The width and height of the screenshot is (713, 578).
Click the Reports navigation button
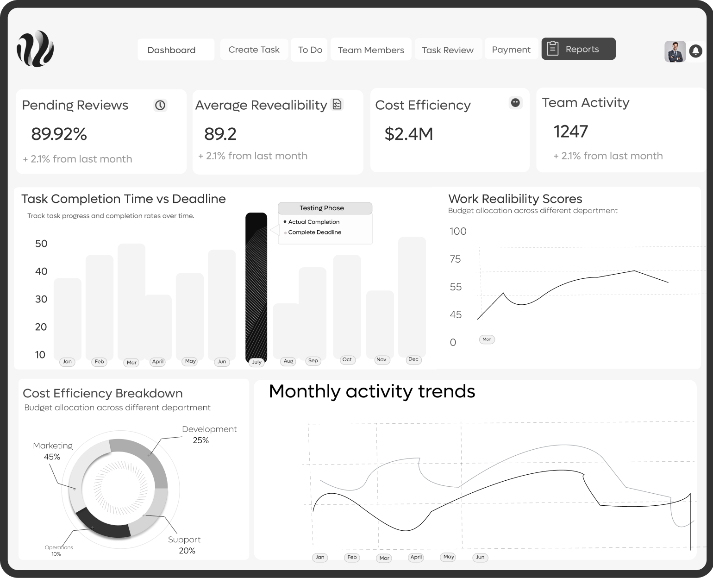coord(578,49)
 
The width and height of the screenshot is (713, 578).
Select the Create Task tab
coord(254,50)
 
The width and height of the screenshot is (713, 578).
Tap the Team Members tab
coord(371,50)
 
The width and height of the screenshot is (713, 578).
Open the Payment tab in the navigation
coord(511,50)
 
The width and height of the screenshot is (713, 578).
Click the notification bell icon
coord(695,51)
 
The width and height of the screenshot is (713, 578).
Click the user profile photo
coord(675,51)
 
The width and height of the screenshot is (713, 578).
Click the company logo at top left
coord(36,49)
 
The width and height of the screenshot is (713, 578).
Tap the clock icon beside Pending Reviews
coord(160,105)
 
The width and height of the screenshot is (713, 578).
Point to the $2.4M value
coord(409,134)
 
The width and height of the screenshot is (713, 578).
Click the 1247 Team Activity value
coord(571,132)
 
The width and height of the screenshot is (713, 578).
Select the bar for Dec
coord(412,296)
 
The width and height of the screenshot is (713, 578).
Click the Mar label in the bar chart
coord(132,362)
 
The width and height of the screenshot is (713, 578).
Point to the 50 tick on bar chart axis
coord(41,244)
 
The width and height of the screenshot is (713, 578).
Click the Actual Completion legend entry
coord(313,222)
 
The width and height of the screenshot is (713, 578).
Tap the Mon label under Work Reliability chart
coord(487,339)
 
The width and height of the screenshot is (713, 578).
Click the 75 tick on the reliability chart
coord(456,259)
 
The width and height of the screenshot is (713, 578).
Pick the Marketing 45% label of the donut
coord(52,451)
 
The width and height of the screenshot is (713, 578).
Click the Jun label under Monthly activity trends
coord(480,557)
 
